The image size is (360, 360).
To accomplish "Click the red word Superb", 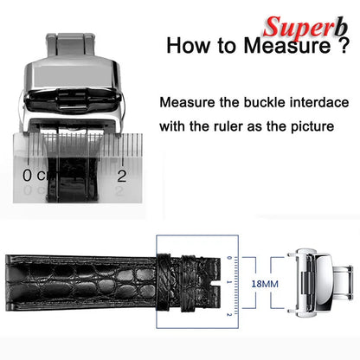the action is (305, 28).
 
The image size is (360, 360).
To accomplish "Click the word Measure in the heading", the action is (287, 46).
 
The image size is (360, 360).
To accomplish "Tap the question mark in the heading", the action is (344, 45).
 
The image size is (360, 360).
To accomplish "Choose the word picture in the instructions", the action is (312, 127).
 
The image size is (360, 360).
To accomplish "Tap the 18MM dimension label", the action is (265, 284).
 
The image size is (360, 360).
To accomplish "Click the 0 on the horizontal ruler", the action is (27, 175).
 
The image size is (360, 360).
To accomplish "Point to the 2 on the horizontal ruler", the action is (122, 176).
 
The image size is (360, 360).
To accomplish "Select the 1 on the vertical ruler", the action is (229, 282).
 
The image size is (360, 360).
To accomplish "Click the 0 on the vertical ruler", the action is (229, 258).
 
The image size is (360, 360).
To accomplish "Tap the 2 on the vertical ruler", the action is (229, 314).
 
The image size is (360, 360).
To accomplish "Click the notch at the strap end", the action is (215, 284).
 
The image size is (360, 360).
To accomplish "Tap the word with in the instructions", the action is (172, 126).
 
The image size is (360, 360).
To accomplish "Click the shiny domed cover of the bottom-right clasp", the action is (324, 283).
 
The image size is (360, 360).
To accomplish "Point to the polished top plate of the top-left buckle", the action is (72, 75).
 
